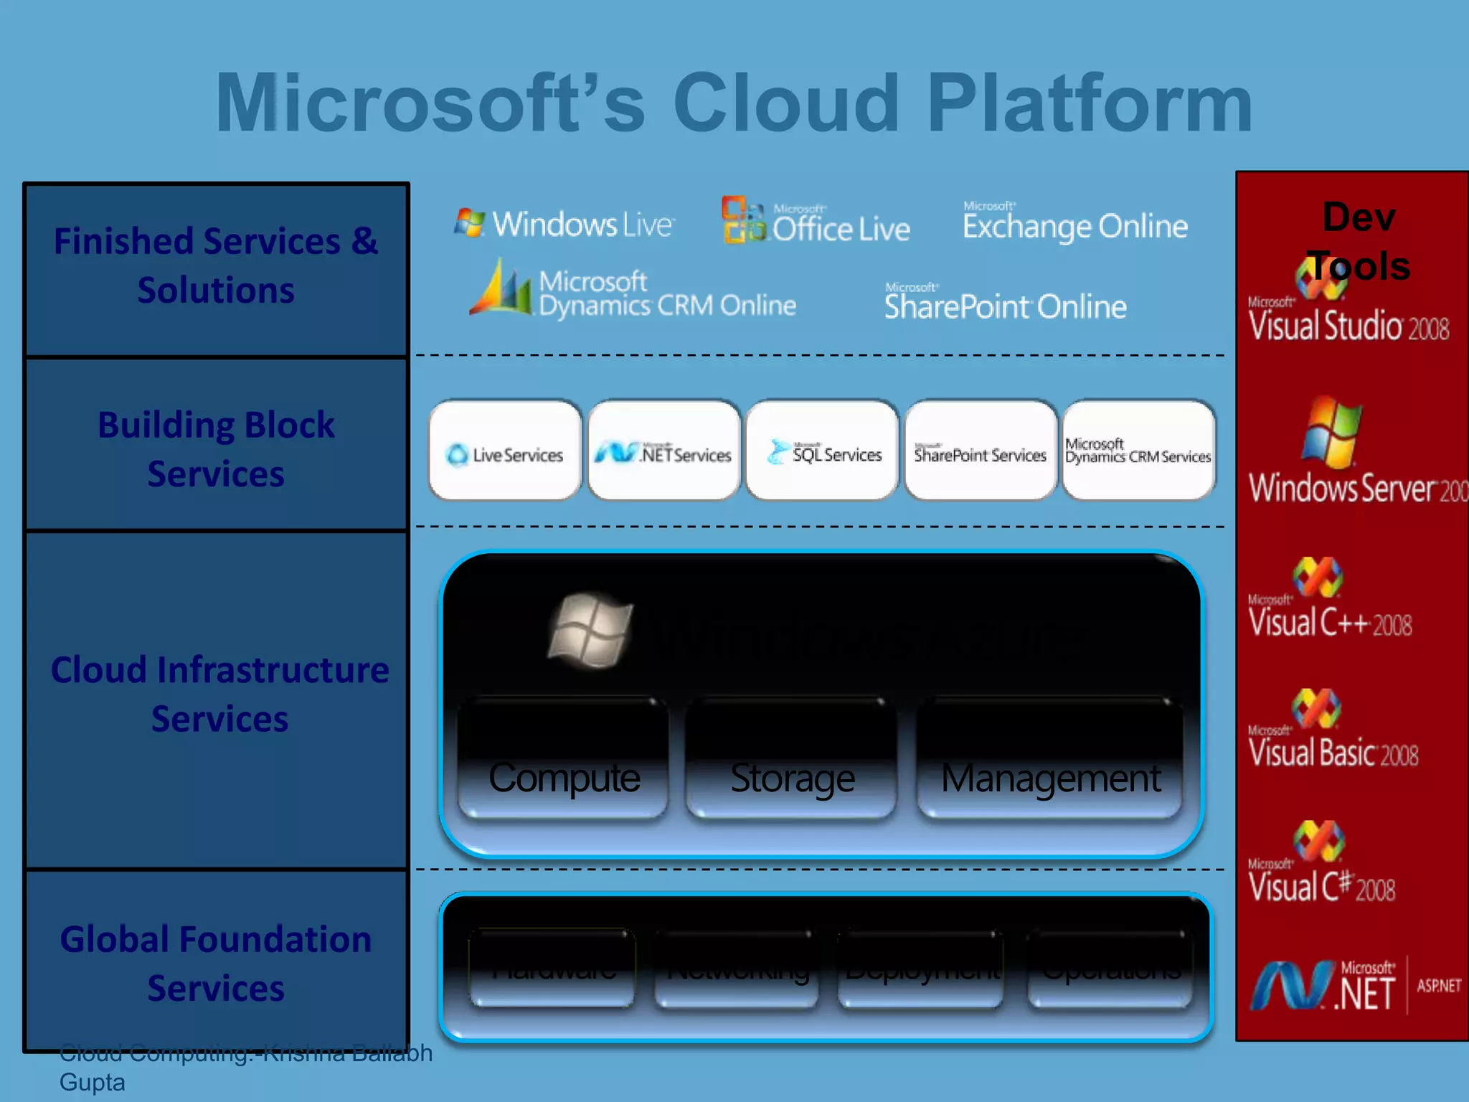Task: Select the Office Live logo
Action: (816, 222)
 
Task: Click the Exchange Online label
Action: (1074, 225)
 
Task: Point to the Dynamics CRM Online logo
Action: (633, 291)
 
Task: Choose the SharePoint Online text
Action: (1005, 305)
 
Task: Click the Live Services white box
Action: (505, 451)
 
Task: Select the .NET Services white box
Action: (664, 451)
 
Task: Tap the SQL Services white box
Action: (823, 451)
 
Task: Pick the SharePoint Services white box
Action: (981, 451)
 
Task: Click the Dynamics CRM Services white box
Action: (1138, 451)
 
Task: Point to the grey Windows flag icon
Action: (590, 630)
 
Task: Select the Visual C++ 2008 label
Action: (1330, 621)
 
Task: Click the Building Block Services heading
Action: (216, 449)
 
